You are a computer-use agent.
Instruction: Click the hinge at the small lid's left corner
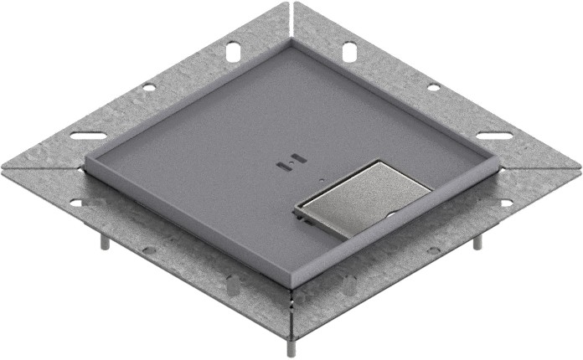click(299, 215)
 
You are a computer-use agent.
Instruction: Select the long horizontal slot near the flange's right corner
click(494, 135)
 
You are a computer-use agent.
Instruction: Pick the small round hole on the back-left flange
click(148, 87)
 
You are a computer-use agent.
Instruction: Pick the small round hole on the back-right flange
click(433, 87)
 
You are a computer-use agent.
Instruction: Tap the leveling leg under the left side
click(104, 241)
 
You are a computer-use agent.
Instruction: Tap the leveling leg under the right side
click(477, 241)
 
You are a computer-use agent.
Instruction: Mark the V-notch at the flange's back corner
click(291, 10)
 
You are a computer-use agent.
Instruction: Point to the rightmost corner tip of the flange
click(579, 166)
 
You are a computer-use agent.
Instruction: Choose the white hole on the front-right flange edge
click(506, 203)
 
